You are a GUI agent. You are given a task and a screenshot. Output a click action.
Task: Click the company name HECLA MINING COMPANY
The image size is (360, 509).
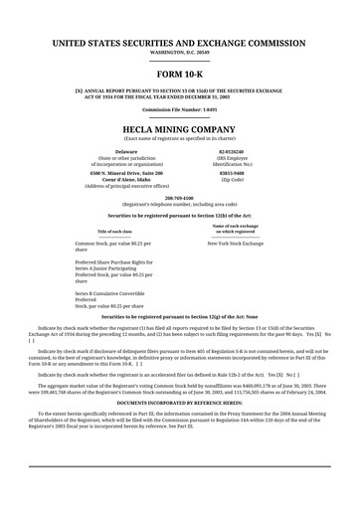tap(179, 129)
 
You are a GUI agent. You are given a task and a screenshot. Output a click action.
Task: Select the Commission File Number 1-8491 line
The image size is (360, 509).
tap(179, 109)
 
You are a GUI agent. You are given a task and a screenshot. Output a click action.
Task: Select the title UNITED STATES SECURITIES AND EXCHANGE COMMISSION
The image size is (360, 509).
tap(179, 44)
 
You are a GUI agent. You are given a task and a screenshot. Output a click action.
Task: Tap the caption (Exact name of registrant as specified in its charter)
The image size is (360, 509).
tap(179, 138)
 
